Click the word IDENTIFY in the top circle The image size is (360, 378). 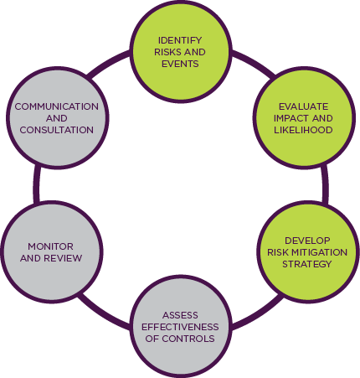pos(180,39)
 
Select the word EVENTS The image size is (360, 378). pos(180,62)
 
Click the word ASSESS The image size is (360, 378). pos(180,315)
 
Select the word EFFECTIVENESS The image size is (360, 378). pos(180,327)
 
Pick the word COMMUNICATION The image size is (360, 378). pos(56,106)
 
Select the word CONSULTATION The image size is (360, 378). pos(56,130)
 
